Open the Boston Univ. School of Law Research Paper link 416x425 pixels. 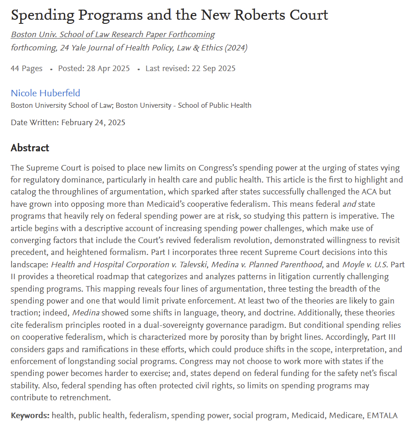coord(113,35)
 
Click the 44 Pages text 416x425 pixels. coord(27,69)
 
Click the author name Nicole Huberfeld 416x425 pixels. coord(45,93)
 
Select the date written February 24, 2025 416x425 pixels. coord(93,122)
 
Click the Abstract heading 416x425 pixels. coord(30,148)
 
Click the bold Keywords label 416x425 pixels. coord(30,416)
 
